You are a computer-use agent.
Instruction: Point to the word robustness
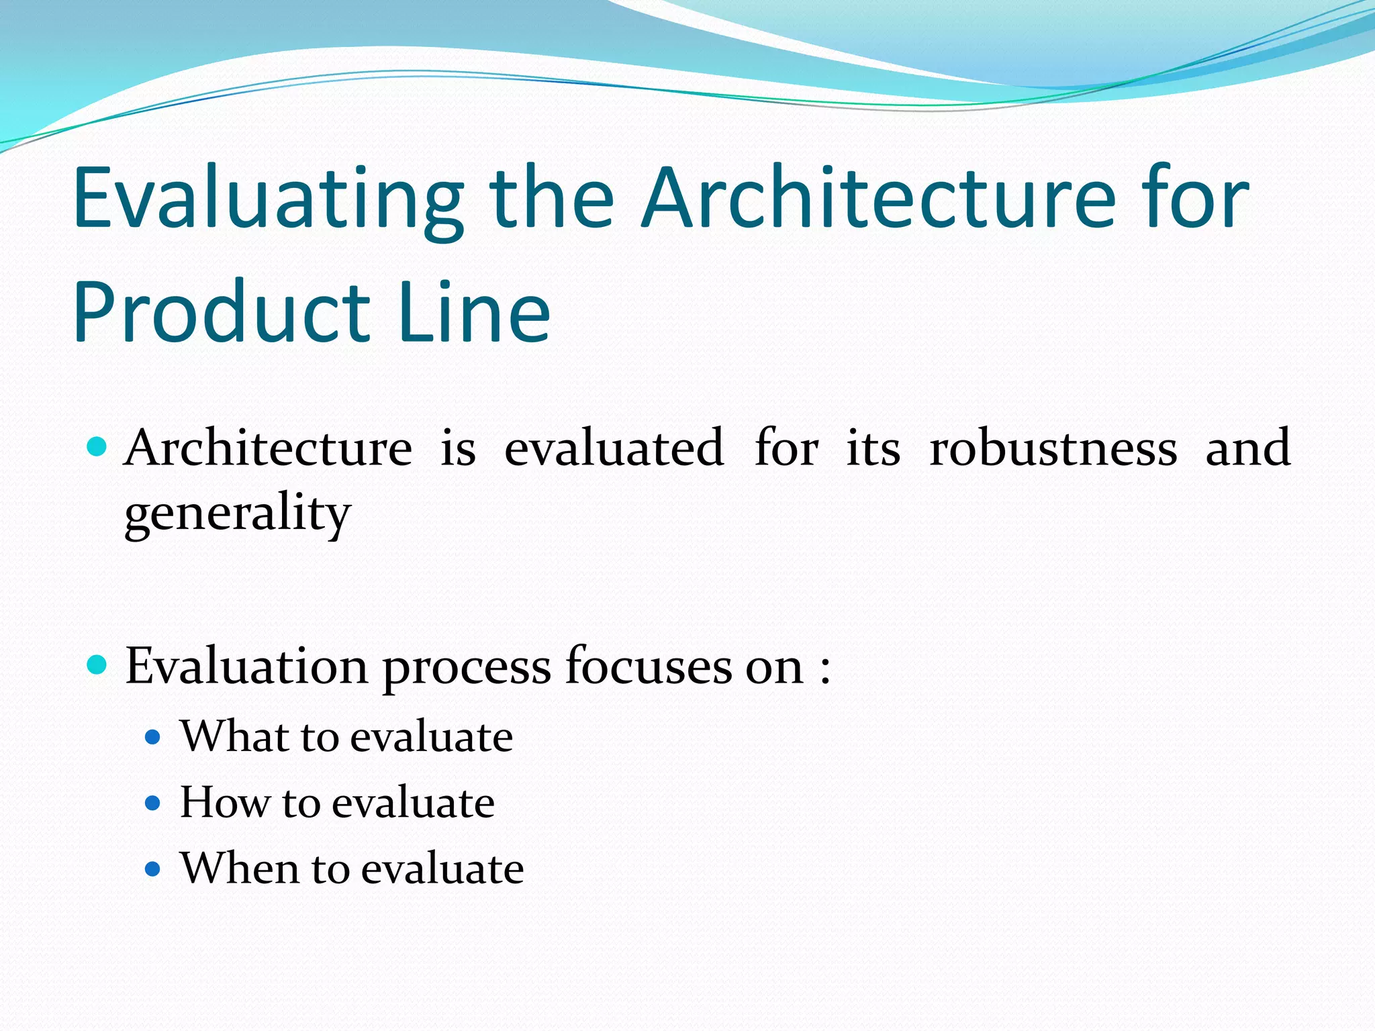1053,448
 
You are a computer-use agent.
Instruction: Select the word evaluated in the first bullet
614,448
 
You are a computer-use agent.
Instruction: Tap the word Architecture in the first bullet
269,448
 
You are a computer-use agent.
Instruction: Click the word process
466,669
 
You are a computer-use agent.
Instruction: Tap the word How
224,803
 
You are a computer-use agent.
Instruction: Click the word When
240,869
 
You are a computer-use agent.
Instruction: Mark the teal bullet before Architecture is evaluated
97,446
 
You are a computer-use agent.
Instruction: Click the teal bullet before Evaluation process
97,665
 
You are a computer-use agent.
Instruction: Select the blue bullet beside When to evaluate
153,870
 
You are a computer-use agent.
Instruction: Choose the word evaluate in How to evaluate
413,803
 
